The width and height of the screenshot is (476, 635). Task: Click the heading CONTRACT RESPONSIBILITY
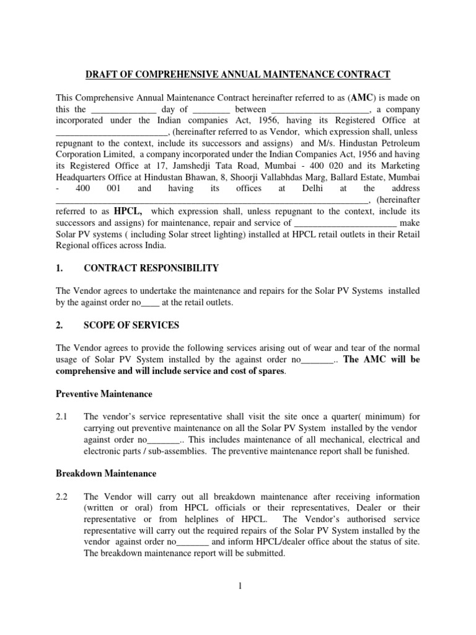coord(151,268)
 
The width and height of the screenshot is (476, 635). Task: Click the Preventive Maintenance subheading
coord(104,394)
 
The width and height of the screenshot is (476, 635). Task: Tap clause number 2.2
coord(63,497)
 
